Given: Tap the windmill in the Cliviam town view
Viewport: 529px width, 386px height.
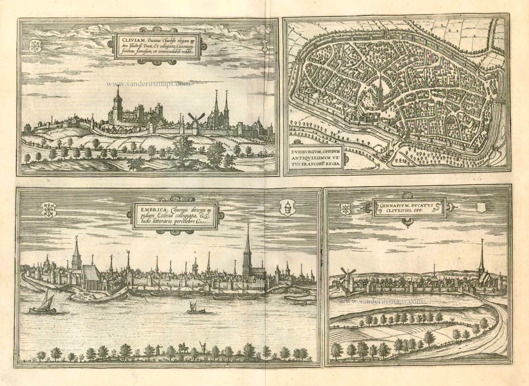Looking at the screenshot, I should [196, 118].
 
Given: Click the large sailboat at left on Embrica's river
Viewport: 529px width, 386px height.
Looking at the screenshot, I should [45, 303].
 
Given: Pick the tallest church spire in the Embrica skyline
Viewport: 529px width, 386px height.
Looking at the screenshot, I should [247, 249].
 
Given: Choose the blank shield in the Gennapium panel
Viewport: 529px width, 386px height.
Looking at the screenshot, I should [480, 207].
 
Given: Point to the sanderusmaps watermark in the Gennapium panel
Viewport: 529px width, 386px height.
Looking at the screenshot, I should [381, 301].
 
